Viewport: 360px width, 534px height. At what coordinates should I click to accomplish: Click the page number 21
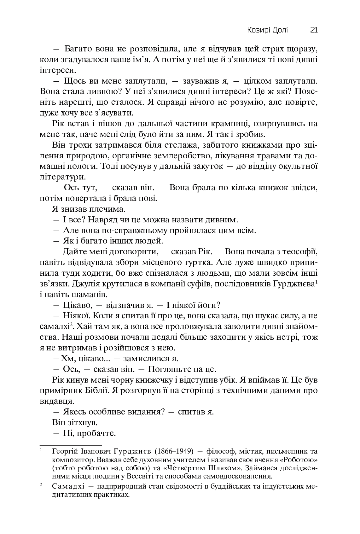pos(314,30)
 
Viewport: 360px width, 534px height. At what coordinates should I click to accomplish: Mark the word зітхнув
pos(83,422)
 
